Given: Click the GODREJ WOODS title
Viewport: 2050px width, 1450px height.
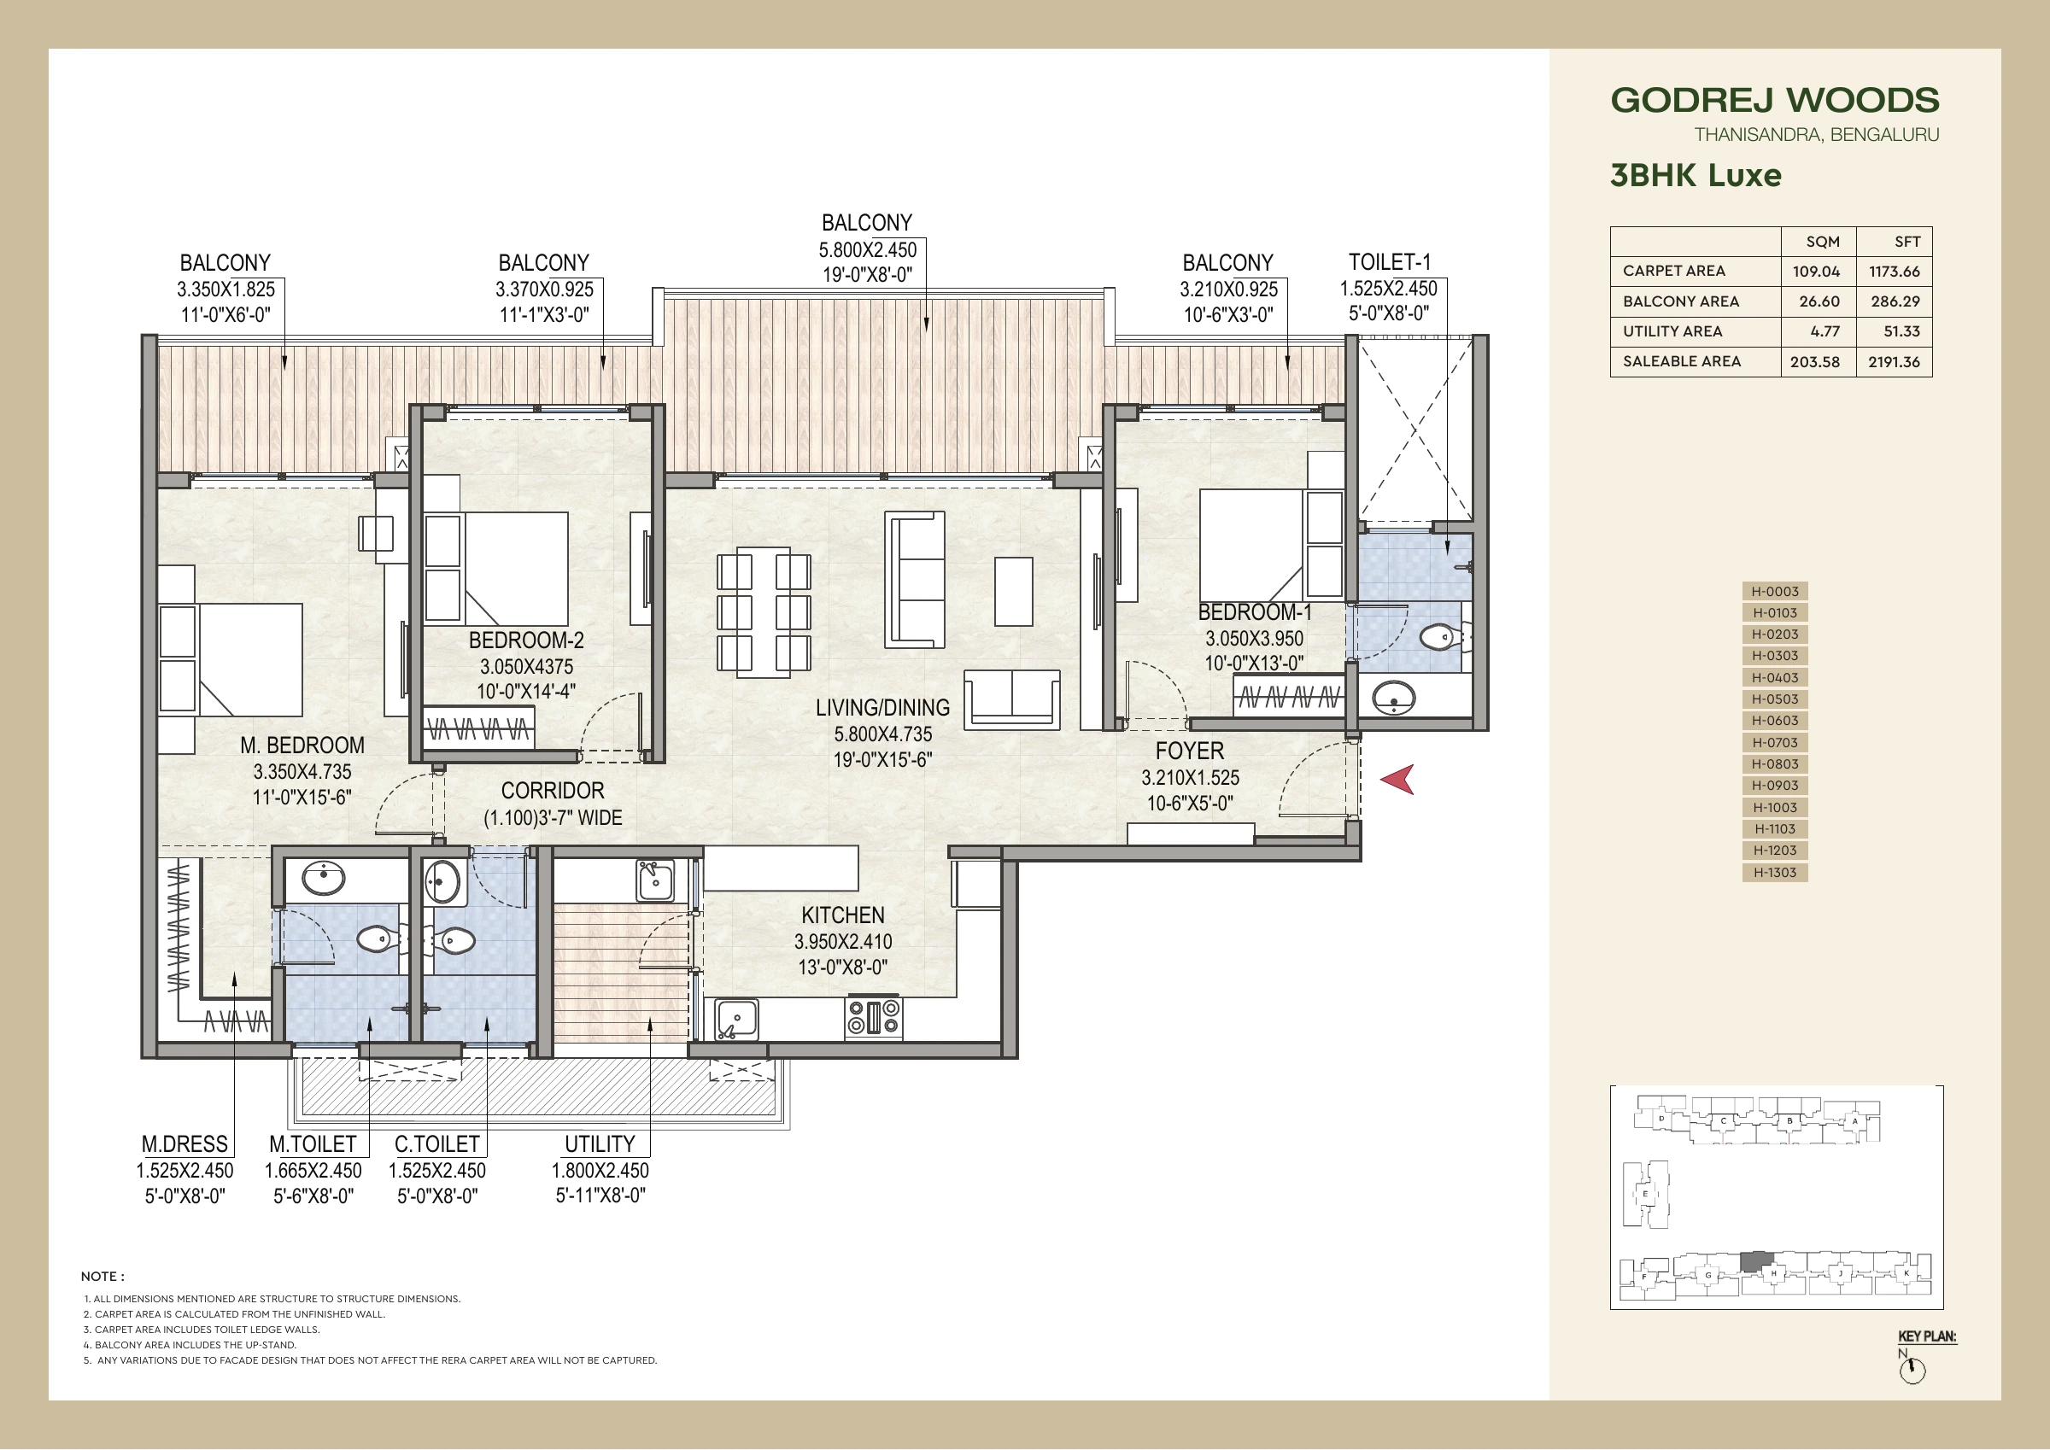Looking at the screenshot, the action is tap(1775, 100).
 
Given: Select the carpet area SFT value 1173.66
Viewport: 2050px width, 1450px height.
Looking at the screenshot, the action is tap(1894, 272).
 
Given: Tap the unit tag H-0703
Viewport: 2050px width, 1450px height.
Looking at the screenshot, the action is tap(1775, 743).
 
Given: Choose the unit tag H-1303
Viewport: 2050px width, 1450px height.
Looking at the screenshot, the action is tap(1775, 873).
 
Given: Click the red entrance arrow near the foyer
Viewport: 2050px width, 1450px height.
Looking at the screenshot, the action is tap(1397, 780).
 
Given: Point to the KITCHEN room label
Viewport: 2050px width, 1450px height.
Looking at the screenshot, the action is tap(843, 915).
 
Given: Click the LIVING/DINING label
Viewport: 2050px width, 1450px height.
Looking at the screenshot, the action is tap(882, 708).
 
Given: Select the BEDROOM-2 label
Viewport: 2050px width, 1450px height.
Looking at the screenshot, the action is tap(526, 640).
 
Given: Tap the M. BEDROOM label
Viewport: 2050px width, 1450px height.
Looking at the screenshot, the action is tap(302, 745).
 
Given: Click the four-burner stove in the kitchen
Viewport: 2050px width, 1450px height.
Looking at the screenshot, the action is tap(873, 1018).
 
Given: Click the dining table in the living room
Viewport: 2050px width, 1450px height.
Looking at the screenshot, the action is tap(764, 611).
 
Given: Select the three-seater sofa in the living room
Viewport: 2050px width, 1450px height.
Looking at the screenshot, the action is tap(914, 580).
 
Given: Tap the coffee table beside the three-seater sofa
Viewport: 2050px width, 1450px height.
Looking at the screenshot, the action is tap(1013, 591).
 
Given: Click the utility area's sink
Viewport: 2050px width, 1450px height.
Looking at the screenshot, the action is tap(654, 880).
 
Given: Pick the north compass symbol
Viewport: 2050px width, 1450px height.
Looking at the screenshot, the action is tap(1912, 1371).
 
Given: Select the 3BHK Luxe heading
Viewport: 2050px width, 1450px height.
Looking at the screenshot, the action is tap(1696, 175).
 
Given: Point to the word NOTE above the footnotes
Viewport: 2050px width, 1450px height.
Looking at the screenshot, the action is tap(102, 1277).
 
